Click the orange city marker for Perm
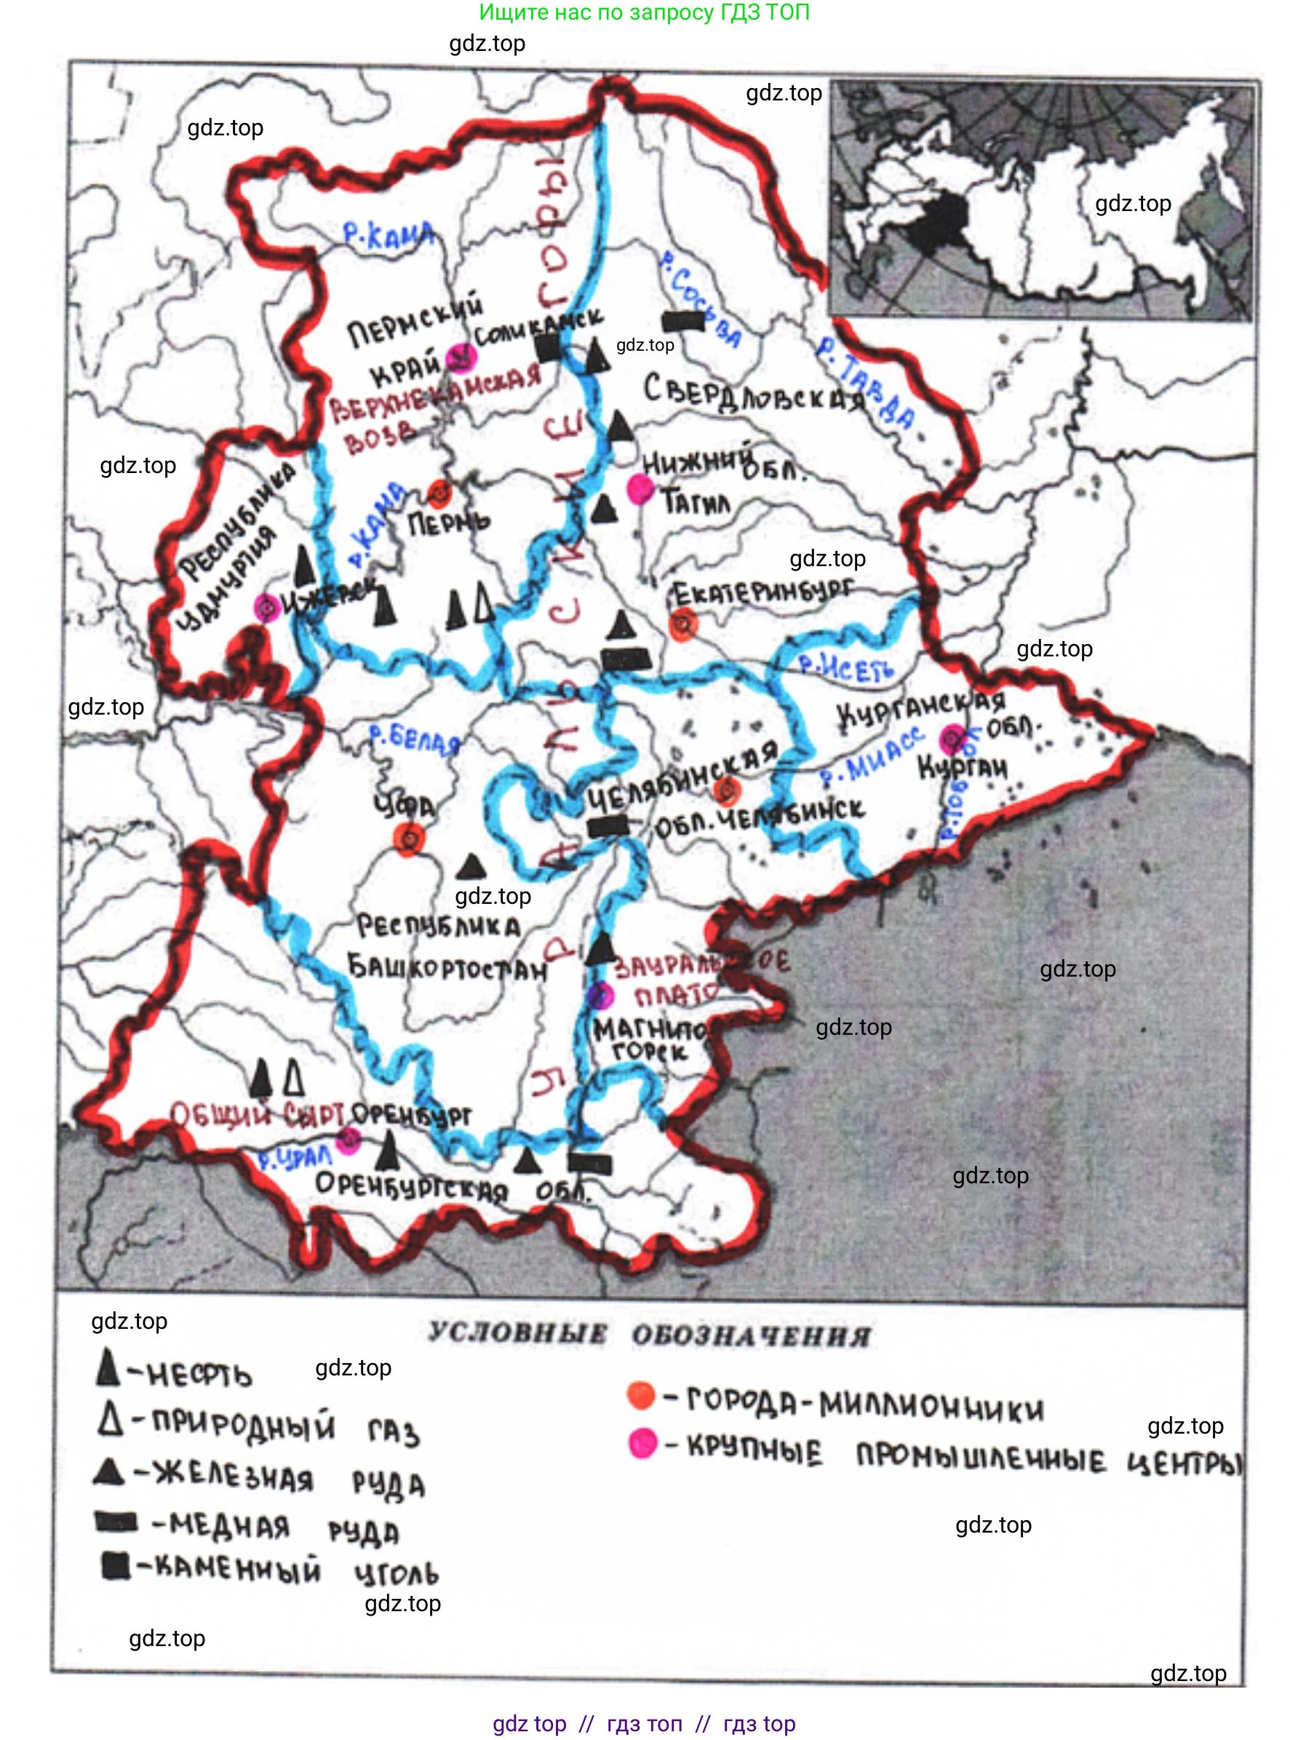[x=439, y=493]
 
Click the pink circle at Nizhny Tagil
[x=640, y=489]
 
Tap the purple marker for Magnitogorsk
[x=600, y=996]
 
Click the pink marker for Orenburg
[x=348, y=1140]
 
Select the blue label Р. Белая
[x=414, y=739]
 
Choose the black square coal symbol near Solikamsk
[x=549, y=349]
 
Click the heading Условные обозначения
[x=649, y=1334]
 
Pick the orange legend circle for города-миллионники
[x=641, y=1395]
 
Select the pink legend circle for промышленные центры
[x=642, y=1443]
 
